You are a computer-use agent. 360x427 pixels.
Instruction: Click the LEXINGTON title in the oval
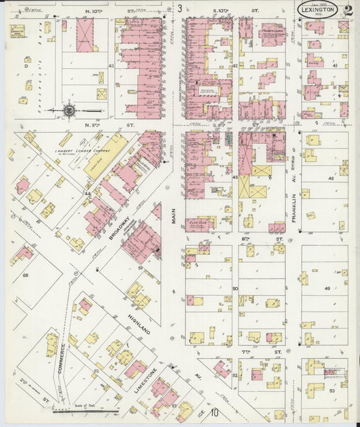pos(317,10)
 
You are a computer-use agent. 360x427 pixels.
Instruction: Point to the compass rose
pos(70,109)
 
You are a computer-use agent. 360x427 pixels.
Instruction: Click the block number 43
pos(111,66)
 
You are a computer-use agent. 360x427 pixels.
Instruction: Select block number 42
pos(235,66)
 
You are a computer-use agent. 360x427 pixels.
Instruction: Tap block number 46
pos(330,178)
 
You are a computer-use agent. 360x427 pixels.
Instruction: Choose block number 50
pos(235,288)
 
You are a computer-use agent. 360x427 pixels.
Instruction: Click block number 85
pos(26,276)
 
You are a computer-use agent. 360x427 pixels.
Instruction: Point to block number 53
pos(332,390)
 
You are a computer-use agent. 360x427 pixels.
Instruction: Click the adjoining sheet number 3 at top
pos(180,9)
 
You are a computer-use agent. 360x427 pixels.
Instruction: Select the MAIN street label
pos(174,220)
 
